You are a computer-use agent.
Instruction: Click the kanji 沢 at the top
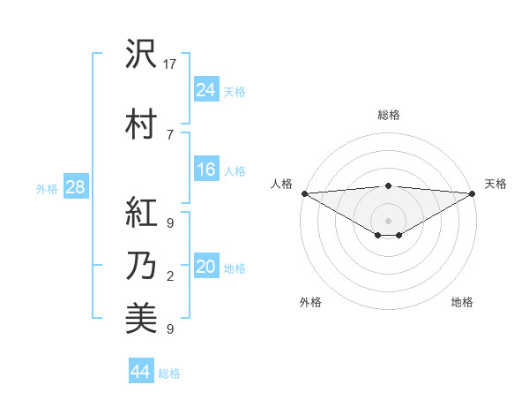[x=141, y=55]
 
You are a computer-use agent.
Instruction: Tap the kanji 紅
[x=141, y=212]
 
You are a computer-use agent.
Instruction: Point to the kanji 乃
[x=141, y=266]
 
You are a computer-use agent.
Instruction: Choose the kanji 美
[x=141, y=320]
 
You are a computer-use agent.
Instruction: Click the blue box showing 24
[x=206, y=89]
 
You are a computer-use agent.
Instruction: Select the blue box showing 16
[x=206, y=170]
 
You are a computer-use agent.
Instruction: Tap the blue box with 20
[x=206, y=267]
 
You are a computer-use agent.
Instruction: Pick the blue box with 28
[x=75, y=187]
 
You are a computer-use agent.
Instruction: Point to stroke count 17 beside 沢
[x=171, y=64]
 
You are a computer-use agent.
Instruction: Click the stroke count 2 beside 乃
[x=170, y=276]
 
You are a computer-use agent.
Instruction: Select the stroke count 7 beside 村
[x=170, y=134]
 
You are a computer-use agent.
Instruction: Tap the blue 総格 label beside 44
[x=169, y=373]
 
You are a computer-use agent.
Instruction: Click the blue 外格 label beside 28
[x=47, y=188]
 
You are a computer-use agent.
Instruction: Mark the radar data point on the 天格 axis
[x=473, y=193]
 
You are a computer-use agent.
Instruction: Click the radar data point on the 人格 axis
[x=304, y=193]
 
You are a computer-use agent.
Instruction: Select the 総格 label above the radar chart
[x=389, y=115]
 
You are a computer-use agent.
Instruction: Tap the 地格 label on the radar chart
[x=462, y=302]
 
